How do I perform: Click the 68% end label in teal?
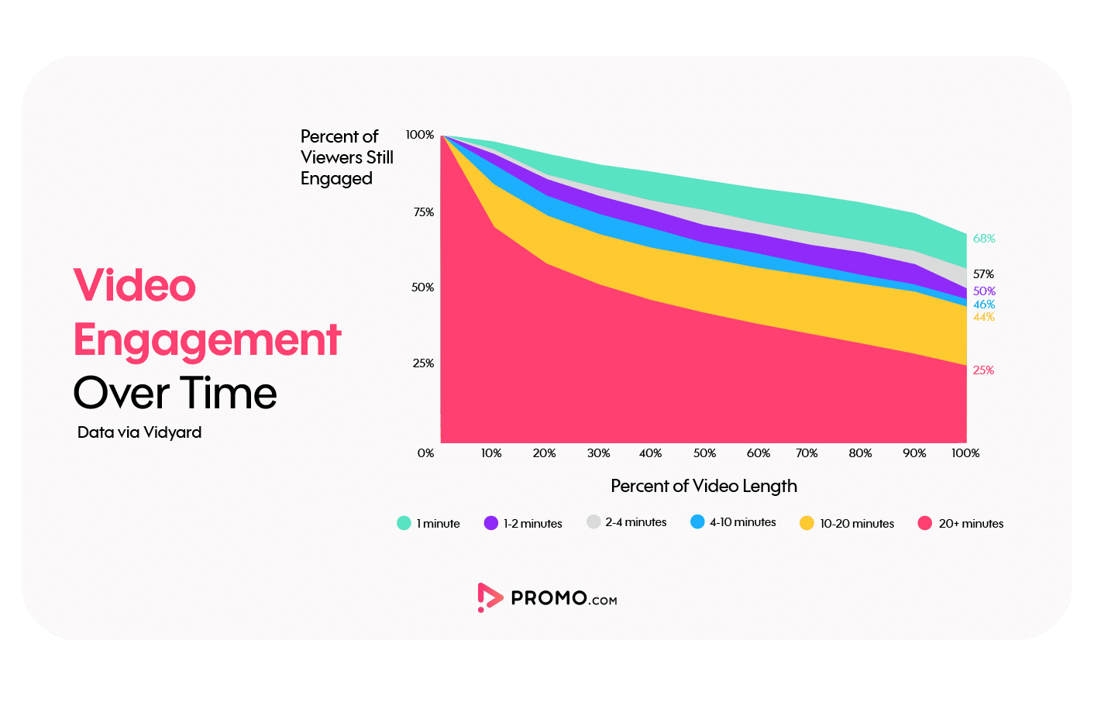984,239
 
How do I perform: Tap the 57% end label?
983,274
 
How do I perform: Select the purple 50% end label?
984,291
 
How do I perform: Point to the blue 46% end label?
984,305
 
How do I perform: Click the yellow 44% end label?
984,317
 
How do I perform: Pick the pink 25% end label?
983,370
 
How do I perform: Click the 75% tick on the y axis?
424,212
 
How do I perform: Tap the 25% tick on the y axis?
423,363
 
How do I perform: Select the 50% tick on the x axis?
704,453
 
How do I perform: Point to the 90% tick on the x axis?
914,453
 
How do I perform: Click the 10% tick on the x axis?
491,453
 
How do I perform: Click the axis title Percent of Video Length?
704,486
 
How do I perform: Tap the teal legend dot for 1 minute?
404,523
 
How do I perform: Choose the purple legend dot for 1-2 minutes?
491,523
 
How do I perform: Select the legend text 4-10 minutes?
742,522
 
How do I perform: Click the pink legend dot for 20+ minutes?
924,523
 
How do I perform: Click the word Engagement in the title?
207,340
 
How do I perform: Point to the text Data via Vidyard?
139,432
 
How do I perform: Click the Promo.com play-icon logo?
489,597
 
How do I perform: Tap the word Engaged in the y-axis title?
336,179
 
